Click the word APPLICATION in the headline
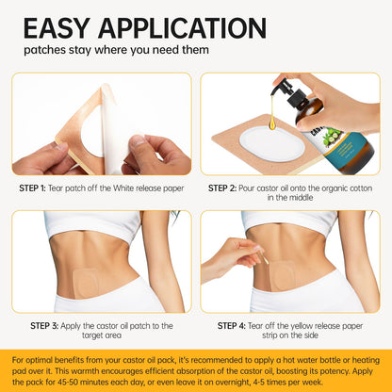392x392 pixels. click(x=183, y=29)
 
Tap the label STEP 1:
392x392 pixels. click(x=32, y=188)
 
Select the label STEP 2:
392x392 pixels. click(x=222, y=188)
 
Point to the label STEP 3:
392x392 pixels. click(x=44, y=326)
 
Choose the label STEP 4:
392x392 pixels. click(x=232, y=326)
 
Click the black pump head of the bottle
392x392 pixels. click(x=287, y=93)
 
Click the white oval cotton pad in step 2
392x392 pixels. click(x=271, y=143)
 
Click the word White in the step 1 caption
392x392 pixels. click(x=125, y=188)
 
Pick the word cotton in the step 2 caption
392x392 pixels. click(x=360, y=188)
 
